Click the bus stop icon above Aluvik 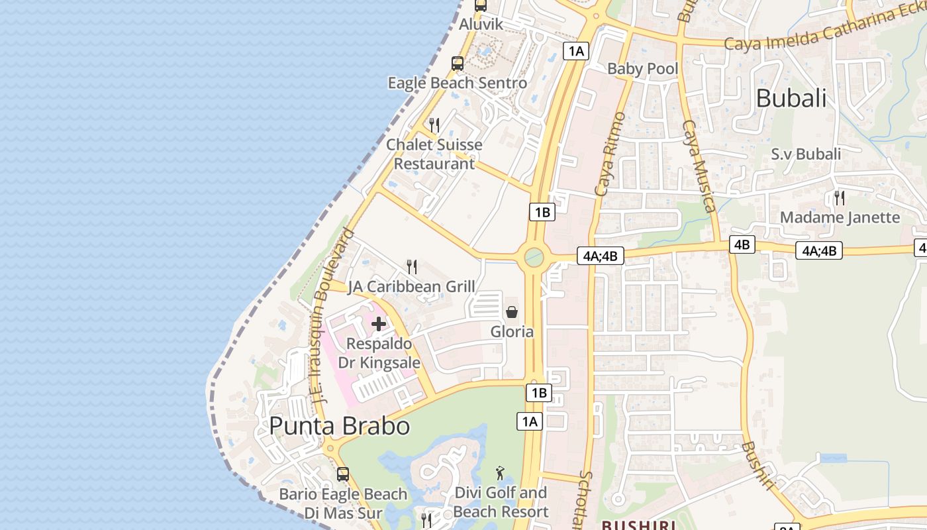[481, 5]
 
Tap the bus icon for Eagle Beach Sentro [458, 64]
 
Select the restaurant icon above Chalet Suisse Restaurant [434, 125]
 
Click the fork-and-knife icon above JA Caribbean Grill [412, 267]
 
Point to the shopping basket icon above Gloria [512, 312]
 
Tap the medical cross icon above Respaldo [379, 324]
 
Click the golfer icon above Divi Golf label [500, 473]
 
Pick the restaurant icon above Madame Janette [840, 197]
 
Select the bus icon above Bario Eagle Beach [343, 474]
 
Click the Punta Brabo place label [340, 426]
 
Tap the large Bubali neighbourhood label [791, 99]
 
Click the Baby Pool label [643, 69]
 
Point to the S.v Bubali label [806, 154]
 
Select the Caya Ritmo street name [610, 154]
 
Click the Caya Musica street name [699, 166]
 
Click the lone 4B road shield [742, 244]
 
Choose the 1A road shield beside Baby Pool [577, 51]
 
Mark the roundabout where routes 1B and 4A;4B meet [534, 257]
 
